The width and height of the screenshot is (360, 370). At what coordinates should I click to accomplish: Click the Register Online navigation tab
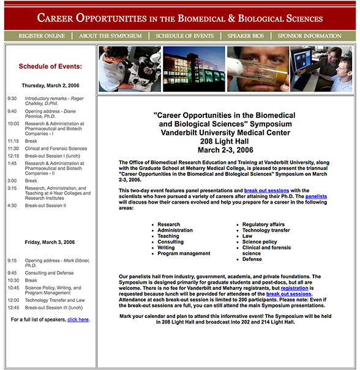42,36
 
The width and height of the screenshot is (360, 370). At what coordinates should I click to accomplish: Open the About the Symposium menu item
110,36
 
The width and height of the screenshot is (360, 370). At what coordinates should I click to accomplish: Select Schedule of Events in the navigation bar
184,36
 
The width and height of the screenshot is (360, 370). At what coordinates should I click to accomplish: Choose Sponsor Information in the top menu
309,36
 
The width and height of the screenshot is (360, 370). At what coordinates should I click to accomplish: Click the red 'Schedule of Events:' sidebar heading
50,66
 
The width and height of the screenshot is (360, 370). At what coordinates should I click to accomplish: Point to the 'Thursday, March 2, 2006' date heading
50,86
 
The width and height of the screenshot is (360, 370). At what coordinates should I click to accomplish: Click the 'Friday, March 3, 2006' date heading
50,242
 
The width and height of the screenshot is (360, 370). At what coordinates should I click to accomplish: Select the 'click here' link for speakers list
78,319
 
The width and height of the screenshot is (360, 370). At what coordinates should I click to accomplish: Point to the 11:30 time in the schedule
13,149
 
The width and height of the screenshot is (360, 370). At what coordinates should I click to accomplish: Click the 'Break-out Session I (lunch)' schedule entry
53,156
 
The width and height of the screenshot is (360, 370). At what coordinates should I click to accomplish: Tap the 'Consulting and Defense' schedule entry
49,273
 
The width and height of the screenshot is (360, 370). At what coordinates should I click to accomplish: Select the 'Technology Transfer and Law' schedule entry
55,300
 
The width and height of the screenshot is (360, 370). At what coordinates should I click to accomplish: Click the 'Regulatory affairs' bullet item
263,224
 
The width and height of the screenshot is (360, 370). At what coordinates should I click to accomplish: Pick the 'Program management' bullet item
184,253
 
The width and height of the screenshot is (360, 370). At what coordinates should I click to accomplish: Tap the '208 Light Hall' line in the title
224,141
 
